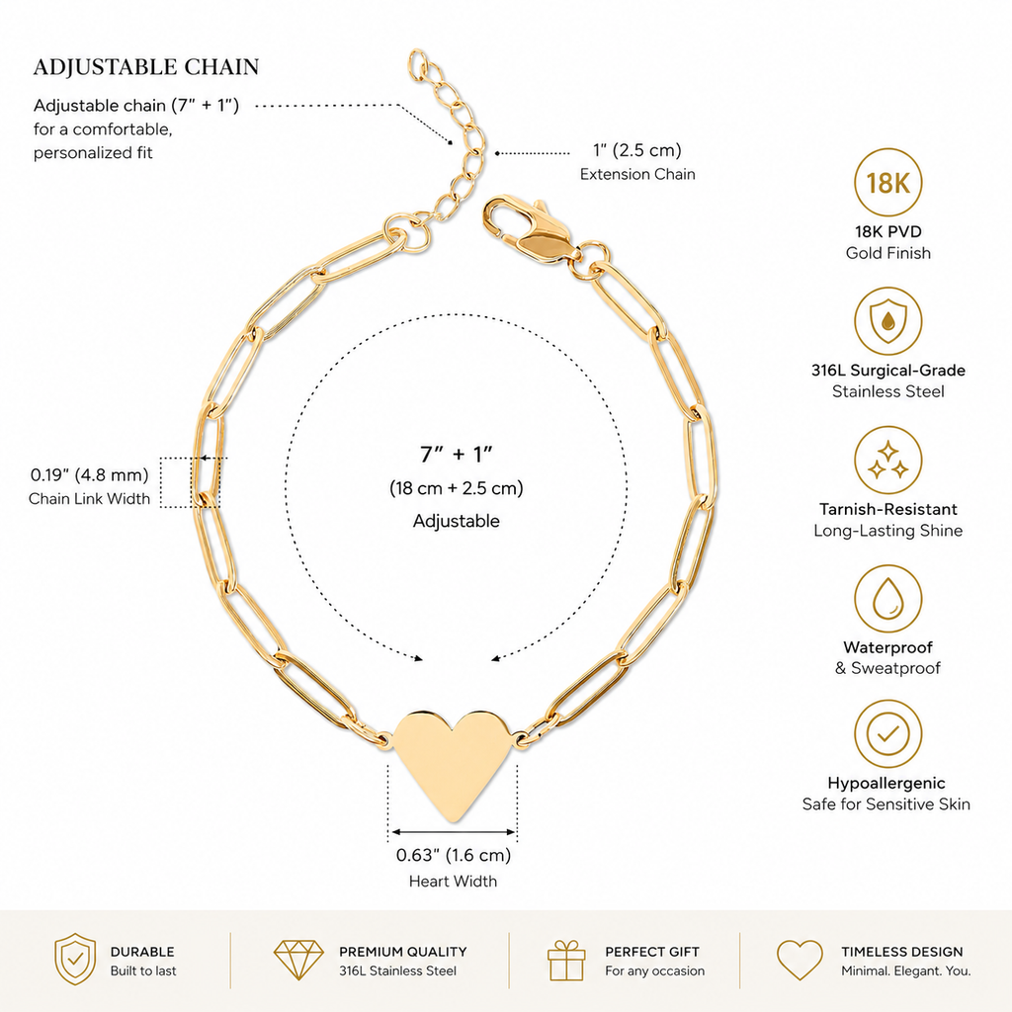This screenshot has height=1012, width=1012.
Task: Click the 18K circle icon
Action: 888,182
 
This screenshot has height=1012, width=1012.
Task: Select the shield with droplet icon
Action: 888,321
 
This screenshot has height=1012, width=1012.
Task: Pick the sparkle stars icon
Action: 888,460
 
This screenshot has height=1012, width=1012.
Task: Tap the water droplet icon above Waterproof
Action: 888,599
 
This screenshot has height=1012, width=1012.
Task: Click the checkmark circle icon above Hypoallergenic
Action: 888,734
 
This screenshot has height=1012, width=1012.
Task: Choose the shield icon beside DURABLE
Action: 75,959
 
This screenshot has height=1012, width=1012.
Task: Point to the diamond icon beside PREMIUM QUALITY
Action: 298,960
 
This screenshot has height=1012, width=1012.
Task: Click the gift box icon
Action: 566,961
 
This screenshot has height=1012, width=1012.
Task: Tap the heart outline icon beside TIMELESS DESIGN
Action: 800,960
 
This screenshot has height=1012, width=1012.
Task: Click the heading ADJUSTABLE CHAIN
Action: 146,67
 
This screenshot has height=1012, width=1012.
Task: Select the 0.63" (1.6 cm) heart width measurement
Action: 453,855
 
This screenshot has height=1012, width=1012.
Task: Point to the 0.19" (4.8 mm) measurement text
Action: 89,475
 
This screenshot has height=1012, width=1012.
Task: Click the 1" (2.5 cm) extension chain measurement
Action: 637,150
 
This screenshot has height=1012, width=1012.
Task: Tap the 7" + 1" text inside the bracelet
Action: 457,455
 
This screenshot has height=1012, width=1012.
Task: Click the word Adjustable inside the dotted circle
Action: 457,521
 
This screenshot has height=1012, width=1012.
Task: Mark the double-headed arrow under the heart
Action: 454,832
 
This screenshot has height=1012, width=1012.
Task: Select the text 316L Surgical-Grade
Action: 888,371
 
